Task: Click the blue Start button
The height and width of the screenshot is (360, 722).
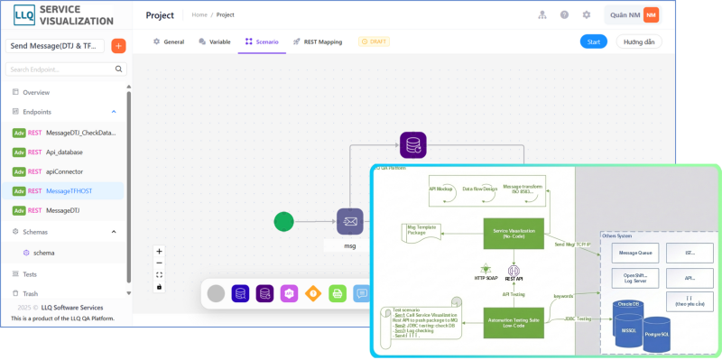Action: tap(593, 42)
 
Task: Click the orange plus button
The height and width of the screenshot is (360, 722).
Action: tap(118, 46)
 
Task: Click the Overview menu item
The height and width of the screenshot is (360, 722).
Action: tap(36, 92)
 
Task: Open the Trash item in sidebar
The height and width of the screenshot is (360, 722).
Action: tap(30, 293)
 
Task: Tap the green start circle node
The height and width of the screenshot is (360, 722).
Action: tap(284, 221)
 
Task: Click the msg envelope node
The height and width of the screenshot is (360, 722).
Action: tap(349, 221)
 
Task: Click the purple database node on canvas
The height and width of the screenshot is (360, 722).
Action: tap(412, 144)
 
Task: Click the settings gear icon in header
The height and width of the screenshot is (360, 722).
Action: tap(587, 14)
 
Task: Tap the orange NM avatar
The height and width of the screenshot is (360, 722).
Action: tap(651, 14)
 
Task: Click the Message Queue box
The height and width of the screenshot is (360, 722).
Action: tap(634, 254)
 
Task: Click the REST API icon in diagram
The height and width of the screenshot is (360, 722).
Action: tap(514, 271)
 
